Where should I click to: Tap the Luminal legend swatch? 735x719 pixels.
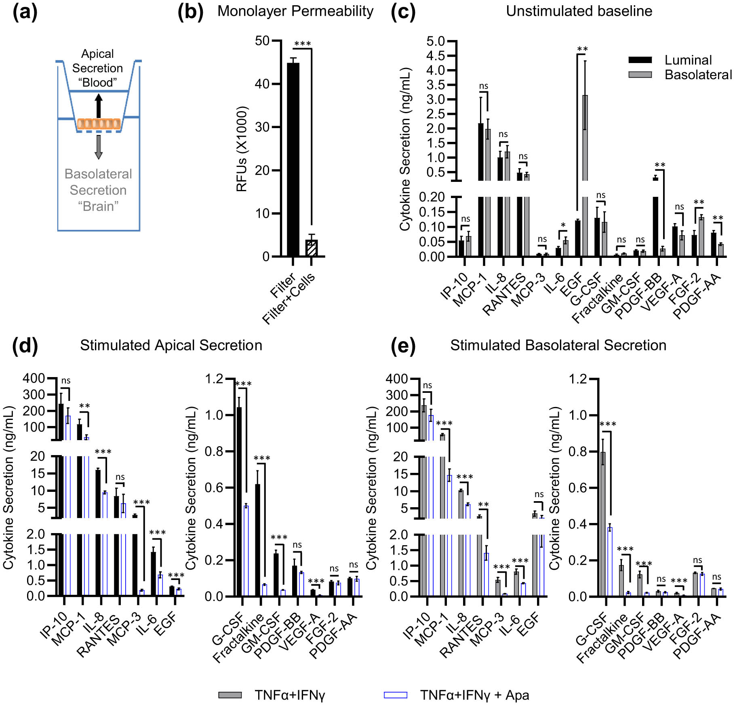tap(640, 60)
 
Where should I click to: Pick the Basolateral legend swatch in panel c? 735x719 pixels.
tap(640, 75)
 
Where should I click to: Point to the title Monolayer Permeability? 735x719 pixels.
tap(295, 11)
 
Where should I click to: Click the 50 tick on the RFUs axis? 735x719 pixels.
tap(262, 41)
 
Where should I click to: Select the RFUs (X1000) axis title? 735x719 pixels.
tap(242, 148)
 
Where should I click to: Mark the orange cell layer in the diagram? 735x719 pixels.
tap(99, 124)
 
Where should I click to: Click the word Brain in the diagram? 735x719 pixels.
tap(98, 206)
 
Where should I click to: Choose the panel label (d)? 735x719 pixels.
tap(25, 346)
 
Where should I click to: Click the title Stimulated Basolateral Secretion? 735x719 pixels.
tap(558, 346)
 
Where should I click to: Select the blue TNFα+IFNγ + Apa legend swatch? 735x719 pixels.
tap(395, 695)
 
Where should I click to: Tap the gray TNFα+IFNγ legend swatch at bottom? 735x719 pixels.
tap(230, 695)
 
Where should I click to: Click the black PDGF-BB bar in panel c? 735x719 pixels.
tap(655, 218)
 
